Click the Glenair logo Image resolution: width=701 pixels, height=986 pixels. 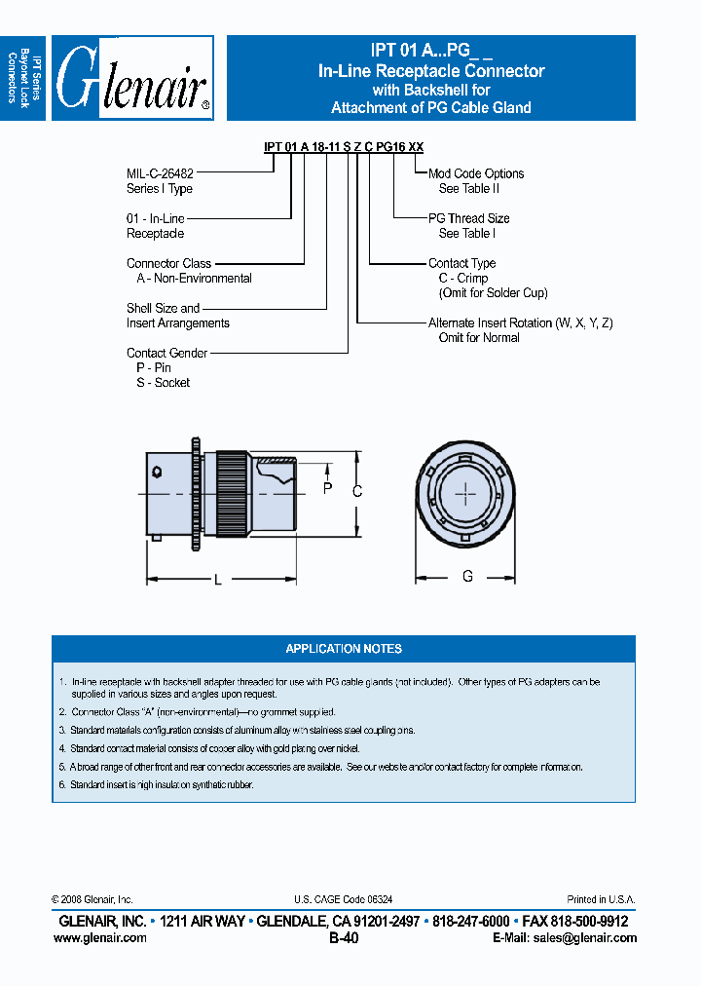tap(132, 79)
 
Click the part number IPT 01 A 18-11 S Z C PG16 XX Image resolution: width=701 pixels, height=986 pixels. tap(344, 147)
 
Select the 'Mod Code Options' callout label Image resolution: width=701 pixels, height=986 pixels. tap(475, 173)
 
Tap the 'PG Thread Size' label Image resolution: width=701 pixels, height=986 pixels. tap(468, 218)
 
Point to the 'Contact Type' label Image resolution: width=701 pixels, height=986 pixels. tap(461, 263)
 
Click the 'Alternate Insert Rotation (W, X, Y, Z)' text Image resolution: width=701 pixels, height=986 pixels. tap(520, 322)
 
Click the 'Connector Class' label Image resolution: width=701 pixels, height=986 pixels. tap(168, 263)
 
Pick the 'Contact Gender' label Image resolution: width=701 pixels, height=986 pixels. tap(166, 353)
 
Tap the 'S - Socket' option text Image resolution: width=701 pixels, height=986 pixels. tap(163, 383)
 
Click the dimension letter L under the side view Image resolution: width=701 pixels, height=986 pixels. tap(218, 581)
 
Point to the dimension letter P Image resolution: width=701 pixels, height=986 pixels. tap(327, 489)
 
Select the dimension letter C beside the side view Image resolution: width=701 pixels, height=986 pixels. tap(357, 492)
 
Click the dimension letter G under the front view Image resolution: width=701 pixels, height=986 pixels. tap(467, 577)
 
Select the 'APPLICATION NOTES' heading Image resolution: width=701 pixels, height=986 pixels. tap(344, 649)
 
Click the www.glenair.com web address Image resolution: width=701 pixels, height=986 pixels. tap(100, 938)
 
